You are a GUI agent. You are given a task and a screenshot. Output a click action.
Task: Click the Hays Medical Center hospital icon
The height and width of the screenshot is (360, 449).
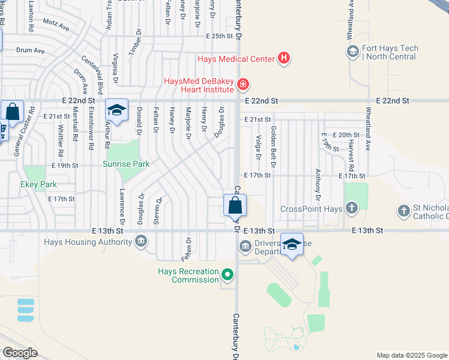[284, 59]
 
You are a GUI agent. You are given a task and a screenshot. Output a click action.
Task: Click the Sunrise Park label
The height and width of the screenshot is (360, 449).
[125, 164]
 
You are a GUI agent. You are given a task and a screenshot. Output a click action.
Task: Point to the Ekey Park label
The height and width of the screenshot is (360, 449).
[38, 185]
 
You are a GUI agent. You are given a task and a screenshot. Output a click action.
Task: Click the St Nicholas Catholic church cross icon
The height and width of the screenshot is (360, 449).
[404, 211]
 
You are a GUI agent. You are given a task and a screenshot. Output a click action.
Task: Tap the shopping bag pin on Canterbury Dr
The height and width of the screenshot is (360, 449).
[235, 205]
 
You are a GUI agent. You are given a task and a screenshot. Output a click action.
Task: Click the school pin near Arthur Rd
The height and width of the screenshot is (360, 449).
[116, 110]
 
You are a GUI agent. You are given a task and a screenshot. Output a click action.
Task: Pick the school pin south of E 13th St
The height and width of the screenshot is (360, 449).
[292, 245]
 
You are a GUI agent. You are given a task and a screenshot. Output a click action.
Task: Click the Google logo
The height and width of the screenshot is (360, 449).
[20, 353]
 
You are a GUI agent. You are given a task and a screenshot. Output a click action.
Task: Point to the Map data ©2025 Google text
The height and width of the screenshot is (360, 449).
[411, 355]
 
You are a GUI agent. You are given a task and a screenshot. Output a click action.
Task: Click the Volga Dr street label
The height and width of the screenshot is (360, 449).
[259, 148]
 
